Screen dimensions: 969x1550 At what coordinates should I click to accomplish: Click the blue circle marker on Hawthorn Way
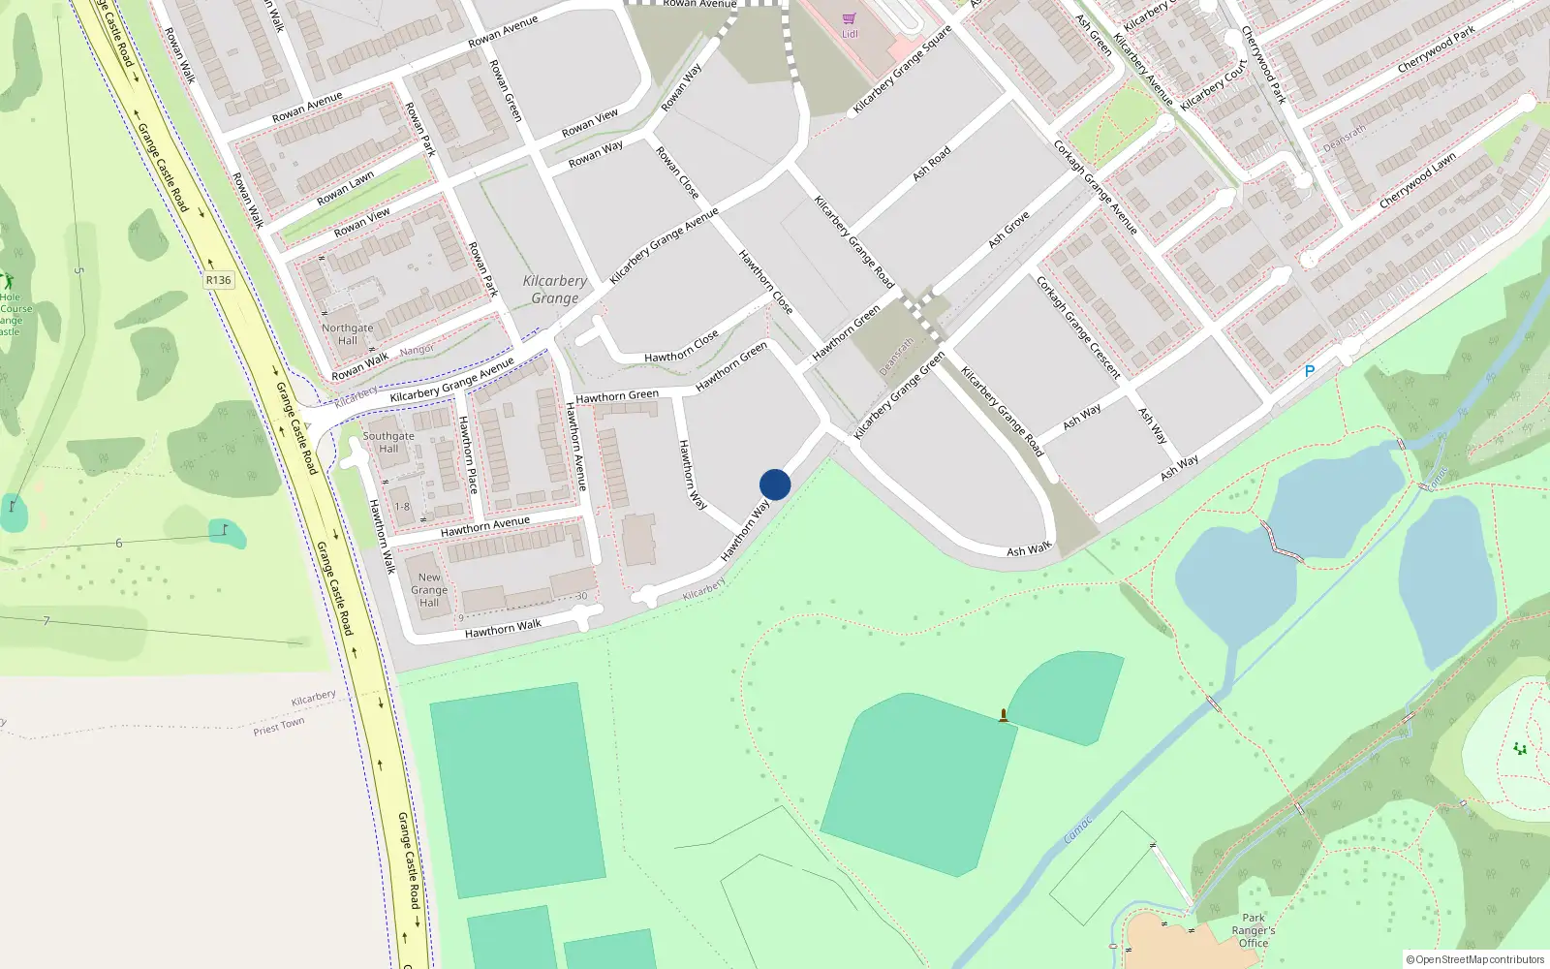[x=775, y=484]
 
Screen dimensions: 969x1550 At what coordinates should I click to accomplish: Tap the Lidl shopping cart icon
[x=850, y=18]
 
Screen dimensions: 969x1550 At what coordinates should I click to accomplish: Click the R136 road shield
[x=219, y=280]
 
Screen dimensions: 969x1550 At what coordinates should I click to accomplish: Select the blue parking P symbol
[x=1310, y=371]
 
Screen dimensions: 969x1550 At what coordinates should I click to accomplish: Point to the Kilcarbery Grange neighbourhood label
[x=555, y=290]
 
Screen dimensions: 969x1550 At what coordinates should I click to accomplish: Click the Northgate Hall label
[x=348, y=334]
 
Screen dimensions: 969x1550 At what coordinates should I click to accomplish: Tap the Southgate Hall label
[x=388, y=442]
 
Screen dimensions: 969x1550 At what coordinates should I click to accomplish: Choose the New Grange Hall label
[x=429, y=589]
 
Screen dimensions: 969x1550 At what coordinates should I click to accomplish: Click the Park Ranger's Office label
[x=1254, y=930]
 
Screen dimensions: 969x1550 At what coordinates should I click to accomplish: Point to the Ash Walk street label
[x=1029, y=549]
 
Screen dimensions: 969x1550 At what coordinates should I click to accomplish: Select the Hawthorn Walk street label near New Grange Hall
[x=503, y=629]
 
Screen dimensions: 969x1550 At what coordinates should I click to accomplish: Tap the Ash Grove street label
[x=1008, y=230]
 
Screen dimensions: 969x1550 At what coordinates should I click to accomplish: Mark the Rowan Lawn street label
[x=346, y=189]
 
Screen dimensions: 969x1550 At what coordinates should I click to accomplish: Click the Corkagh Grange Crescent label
[x=1078, y=328]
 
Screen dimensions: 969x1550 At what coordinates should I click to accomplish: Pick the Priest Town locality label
[x=279, y=726]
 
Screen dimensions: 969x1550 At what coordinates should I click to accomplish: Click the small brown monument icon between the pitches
[x=1004, y=716]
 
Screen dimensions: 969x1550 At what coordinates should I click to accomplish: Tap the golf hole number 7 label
[x=46, y=620]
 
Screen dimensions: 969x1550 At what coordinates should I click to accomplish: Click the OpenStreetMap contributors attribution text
[x=1474, y=959]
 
